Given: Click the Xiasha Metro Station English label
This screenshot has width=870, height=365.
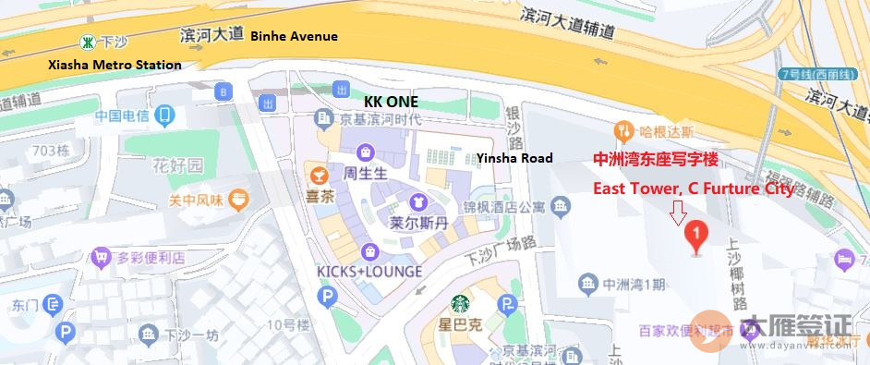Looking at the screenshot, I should click(x=115, y=65).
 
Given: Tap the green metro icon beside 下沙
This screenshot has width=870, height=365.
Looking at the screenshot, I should click(x=87, y=42).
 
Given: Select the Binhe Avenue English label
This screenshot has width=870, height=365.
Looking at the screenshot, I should click(x=294, y=36).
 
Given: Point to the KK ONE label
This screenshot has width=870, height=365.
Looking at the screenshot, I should click(x=391, y=101).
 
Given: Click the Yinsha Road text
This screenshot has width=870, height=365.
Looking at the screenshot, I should click(x=514, y=158).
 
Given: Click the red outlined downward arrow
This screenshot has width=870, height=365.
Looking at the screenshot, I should click(x=679, y=213).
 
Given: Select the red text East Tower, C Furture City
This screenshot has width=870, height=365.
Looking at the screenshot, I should click(x=693, y=189).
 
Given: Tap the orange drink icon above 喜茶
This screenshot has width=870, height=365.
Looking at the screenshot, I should click(x=317, y=175).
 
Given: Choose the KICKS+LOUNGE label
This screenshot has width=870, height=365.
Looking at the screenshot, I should click(x=369, y=272).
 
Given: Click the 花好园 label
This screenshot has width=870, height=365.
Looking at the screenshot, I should click(x=177, y=166).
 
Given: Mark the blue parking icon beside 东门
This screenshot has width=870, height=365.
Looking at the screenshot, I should click(x=54, y=304).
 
